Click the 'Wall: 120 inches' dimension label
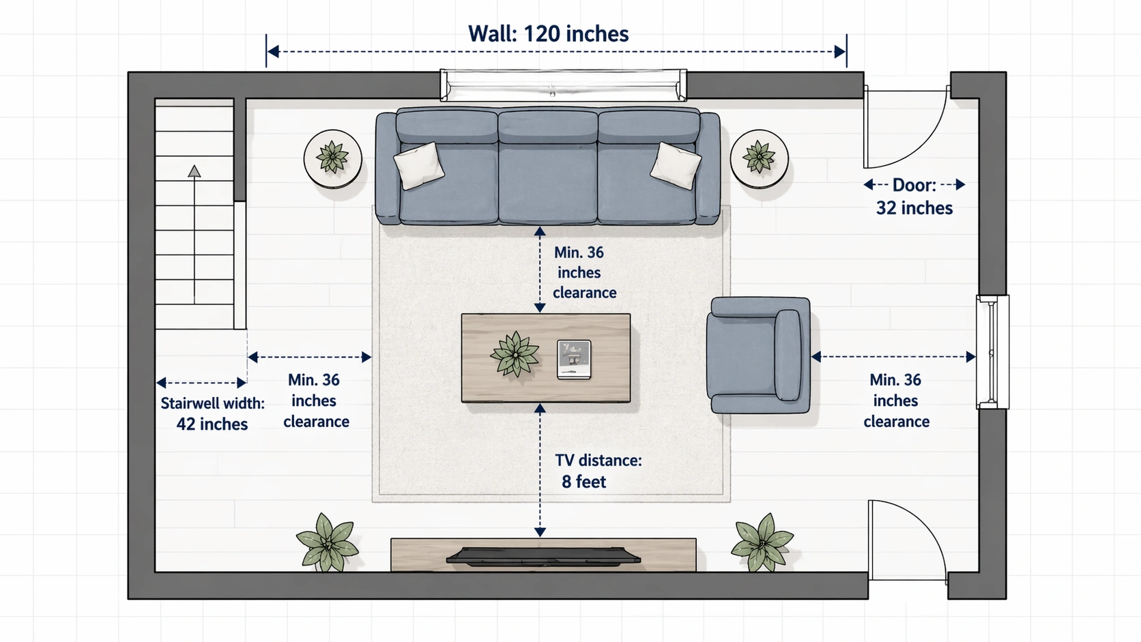click(548, 34)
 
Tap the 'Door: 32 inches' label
click(914, 196)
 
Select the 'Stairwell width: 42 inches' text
click(212, 413)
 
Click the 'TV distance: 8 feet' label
click(597, 471)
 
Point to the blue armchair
click(757, 355)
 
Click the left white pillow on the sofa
click(418, 164)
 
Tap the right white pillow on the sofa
click(675, 164)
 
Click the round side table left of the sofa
click(332, 159)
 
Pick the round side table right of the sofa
click(759, 159)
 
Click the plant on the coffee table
click(515, 354)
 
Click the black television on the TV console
click(543, 556)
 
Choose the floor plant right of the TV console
click(762, 542)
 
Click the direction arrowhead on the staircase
click(194, 171)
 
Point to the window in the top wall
click(563, 85)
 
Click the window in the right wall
click(992, 352)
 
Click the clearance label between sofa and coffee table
click(583, 272)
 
